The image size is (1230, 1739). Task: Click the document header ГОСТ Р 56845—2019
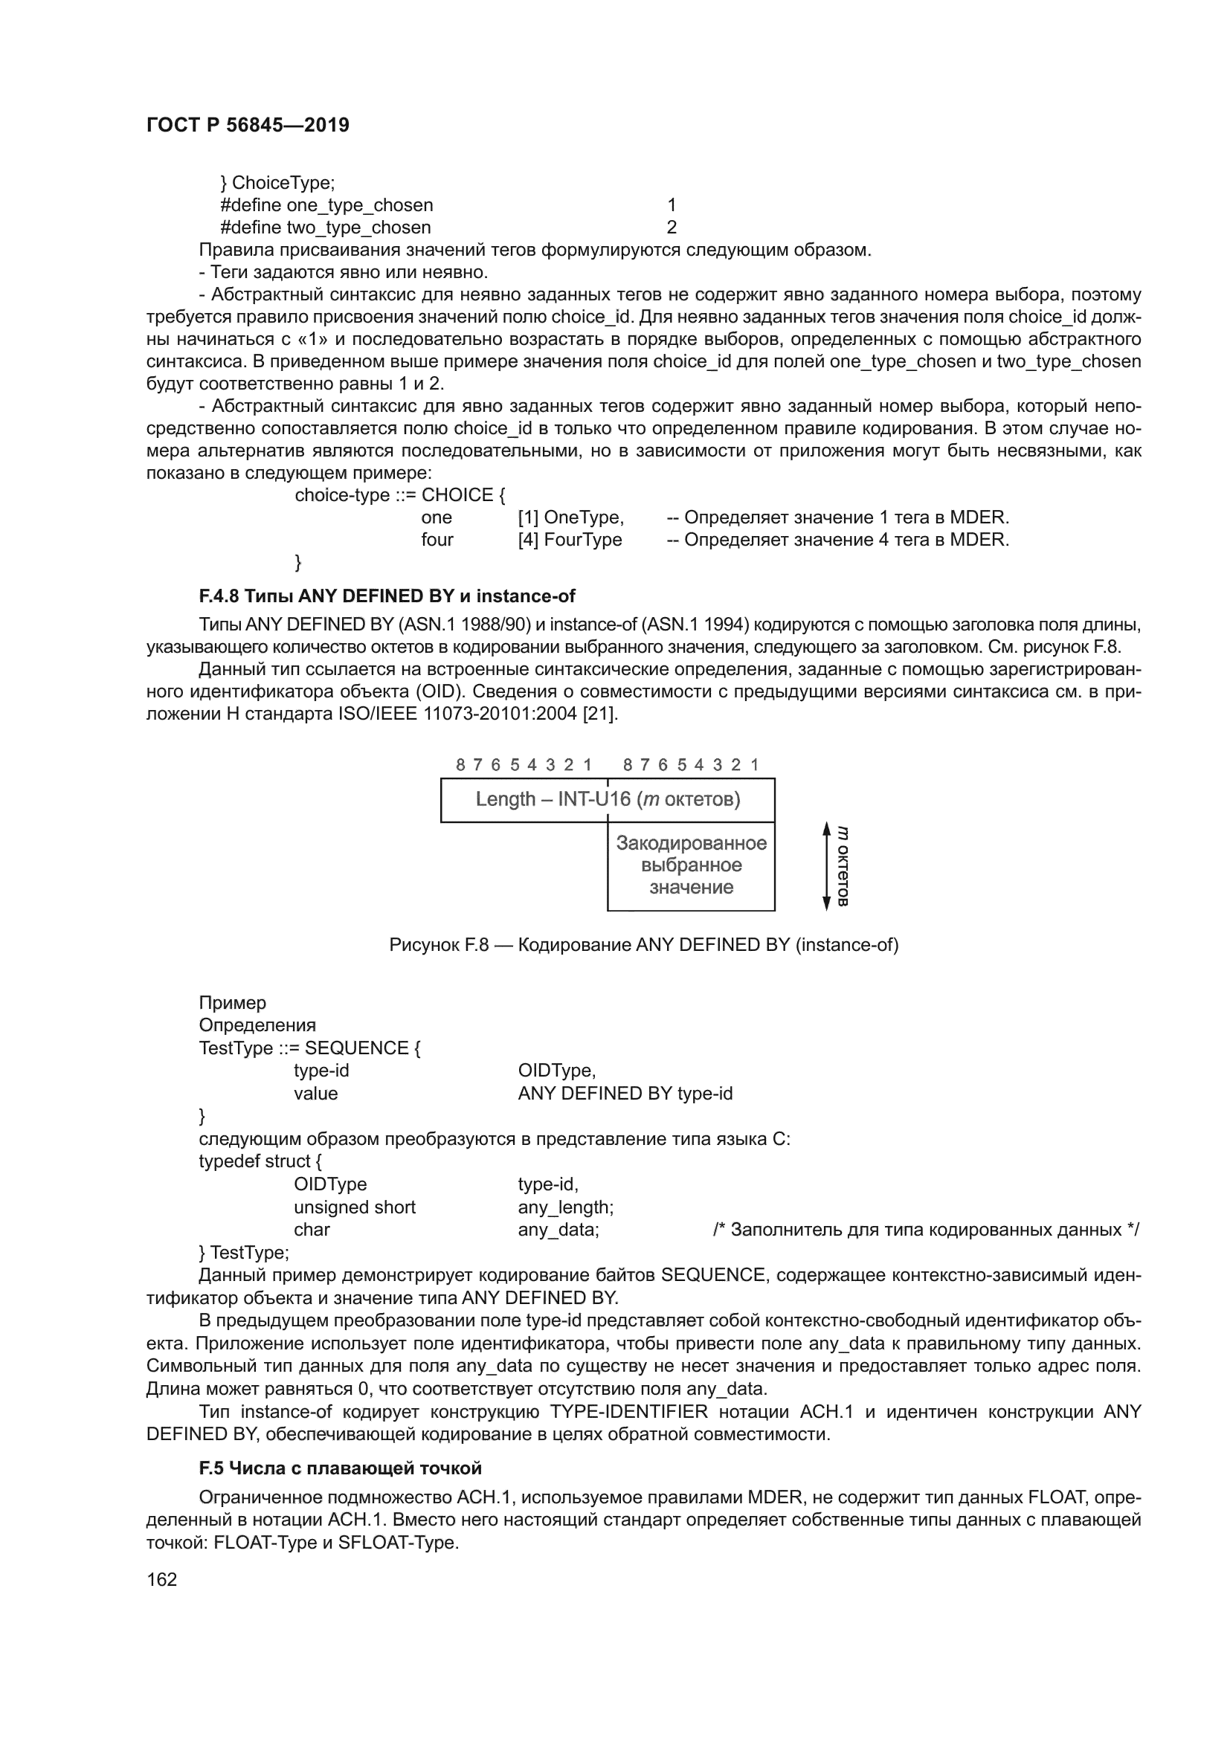pyautogui.click(x=248, y=125)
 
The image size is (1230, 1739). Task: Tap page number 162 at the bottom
pyautogui.click(x=161, y=1579)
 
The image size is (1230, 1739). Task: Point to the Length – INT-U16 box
pyautogui.click(x=608, y=800)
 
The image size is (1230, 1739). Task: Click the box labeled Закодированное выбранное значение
pyautogui.click(x=691, y=865)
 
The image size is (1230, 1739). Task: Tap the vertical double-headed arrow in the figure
pyautogui.click(x=827, y=866)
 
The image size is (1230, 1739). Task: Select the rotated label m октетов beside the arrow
pyautogui.click(x=843, y=866)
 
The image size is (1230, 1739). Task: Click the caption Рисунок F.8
pyautogui.click(x=644, y=945)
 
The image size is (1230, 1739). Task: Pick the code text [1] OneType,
pyautogui.click(x=571, y=518)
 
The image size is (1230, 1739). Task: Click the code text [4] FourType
pyautogui.click(x=570, y=540)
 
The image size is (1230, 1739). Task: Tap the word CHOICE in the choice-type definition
pyautogui.click(x=457, y=495)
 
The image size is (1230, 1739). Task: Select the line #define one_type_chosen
pyautogui.click(x=326, y=205)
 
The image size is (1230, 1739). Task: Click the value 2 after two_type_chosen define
pyautogui.click(x=671, y=228)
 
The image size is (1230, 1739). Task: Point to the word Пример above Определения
pyautogui.click(x=233, y=1003)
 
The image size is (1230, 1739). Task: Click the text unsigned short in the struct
pyautogui.click(x=355, y=1207)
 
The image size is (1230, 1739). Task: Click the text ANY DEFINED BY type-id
pyautogui.click(x=625, y=1094)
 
